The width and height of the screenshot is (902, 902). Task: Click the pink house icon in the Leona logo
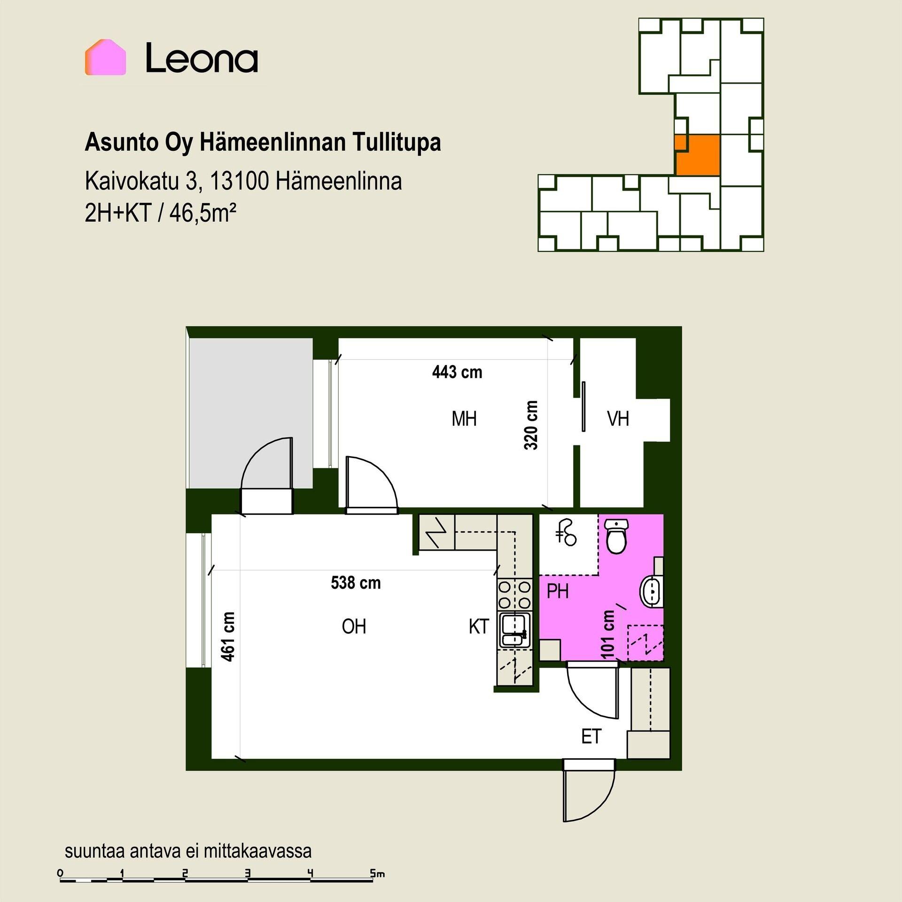coord(105,57)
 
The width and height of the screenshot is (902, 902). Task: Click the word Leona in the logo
coord(202,58)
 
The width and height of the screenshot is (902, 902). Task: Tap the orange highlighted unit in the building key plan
coord(697,155)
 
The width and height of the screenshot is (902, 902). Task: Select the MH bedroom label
coord(464,419)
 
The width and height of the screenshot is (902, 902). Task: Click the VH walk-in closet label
coord(618,419)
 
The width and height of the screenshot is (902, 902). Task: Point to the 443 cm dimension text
coord(457,373)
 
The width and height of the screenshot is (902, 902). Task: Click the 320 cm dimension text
coord(531,425)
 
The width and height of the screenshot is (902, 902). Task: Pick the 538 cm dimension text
coord(356,583)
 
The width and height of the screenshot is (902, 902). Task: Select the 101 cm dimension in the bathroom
coord(607,634)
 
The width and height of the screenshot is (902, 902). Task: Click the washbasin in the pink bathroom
coord(652,591)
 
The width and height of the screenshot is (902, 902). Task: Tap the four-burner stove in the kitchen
coord(515,594)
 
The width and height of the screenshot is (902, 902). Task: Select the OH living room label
coord(354,627)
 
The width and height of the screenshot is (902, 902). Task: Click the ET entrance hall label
coord(591,737)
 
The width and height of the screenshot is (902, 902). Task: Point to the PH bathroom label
coord(558,591)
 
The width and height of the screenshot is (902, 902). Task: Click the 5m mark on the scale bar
coord(377,874)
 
